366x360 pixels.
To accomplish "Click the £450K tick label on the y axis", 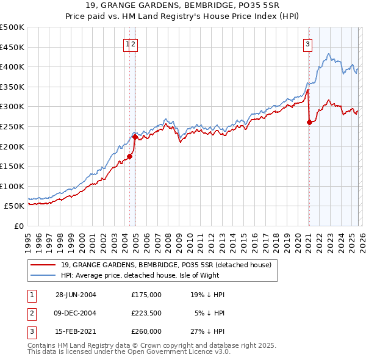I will (x=12, y=47).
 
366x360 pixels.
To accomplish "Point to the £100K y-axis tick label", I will (x=12, y=186).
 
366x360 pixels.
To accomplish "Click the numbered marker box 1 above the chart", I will (x=127, y=43).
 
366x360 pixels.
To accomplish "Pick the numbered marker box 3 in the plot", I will (x=308, y=43).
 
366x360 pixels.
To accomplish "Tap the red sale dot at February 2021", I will (x=309, y=122).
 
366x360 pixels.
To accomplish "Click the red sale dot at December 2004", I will (x=135, y=137).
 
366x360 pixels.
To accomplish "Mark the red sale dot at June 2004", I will (x=130, y=156).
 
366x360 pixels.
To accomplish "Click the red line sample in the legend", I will (x=44, y=265).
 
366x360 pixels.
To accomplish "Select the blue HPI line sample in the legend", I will (x=44, y=276).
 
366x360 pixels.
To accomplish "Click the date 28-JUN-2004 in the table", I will (x=76, y=295).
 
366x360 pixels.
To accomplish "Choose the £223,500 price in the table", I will (x=146, y=313).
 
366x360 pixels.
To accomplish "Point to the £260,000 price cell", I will (x=146, y=331).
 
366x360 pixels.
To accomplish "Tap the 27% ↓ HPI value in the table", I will (x=207, y=331).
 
